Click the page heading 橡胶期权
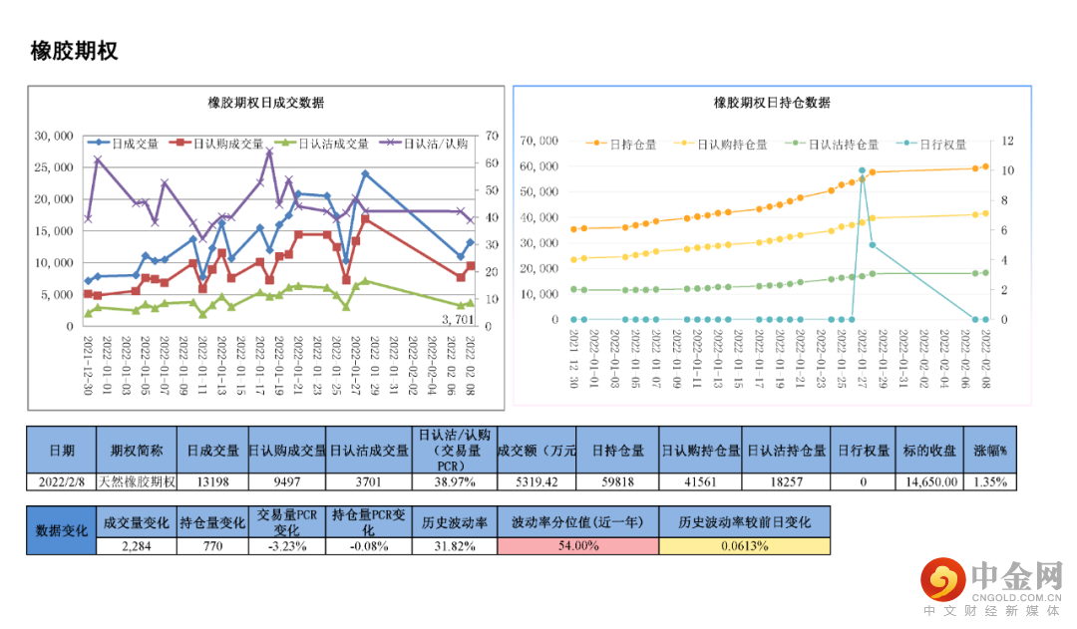click(x=75, y=51)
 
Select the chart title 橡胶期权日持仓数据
click(x=772, y=103)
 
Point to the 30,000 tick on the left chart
click(x=54, y=136)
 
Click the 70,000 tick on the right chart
click(x=539, y=141)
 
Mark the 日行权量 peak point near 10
click(x=862, y=171)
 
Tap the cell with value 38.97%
click(x=453, y=481)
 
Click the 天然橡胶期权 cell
click(x=137, y=481)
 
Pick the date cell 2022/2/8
click(x=61, y=481)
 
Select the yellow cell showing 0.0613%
click(x=744, y=545)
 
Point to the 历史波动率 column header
click(x=454, y=522)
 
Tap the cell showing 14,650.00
click(x=932, y=481)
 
